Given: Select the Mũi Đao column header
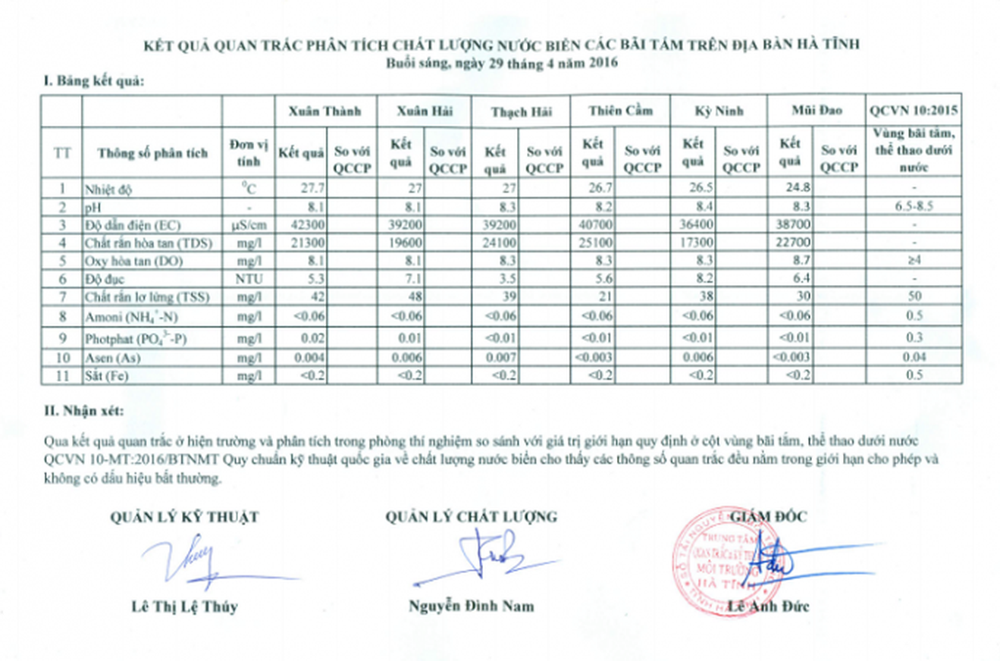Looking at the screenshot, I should (815, 111).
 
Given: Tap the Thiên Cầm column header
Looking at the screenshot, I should (619, 111).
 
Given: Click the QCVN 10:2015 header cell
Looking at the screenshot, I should (914, 111).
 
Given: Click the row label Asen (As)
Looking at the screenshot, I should (114, 358).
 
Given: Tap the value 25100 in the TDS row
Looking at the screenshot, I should (595, 243).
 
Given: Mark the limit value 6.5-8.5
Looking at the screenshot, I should (914, 207).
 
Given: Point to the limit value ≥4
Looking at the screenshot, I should (914, 262).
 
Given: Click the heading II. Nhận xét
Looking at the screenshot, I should (83, 411).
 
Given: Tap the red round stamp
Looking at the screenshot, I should (716, 560).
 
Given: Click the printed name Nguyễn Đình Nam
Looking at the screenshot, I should (471, 606).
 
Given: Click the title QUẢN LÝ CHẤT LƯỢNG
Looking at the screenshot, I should (471, 517).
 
